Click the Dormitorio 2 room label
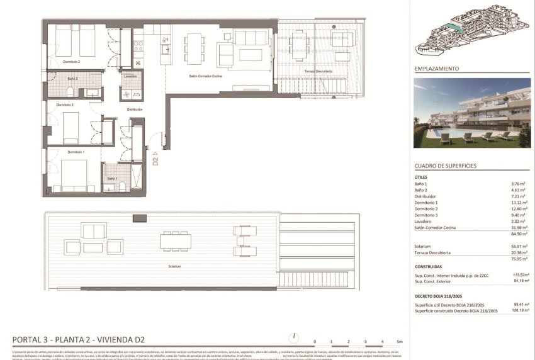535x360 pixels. [70, 62]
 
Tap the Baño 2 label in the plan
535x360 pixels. [72, 79]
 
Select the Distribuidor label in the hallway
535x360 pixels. [135, 109]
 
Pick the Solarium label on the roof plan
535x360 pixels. [175, 266]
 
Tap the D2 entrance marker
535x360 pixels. [155, 160]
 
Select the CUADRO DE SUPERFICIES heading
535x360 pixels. [445, 166]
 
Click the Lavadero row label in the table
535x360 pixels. [426, 222]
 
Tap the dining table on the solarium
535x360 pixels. [175, 240]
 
